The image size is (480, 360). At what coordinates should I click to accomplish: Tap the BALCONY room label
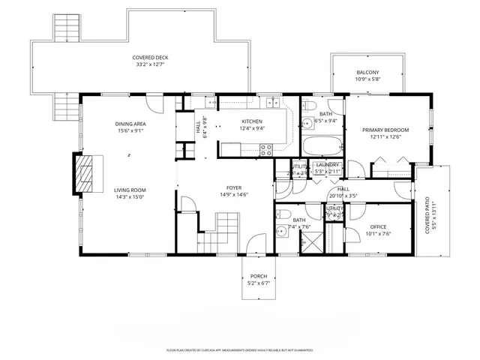[367, 72]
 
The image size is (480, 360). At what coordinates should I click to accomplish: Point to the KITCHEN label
[251, 121]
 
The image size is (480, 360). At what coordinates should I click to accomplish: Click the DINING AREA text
[130, 124]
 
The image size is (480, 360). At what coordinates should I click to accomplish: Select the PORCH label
[259, 276]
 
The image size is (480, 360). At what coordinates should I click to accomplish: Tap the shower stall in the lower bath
[311, 244]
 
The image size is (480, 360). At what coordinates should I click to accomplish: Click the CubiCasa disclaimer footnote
[239, 349]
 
